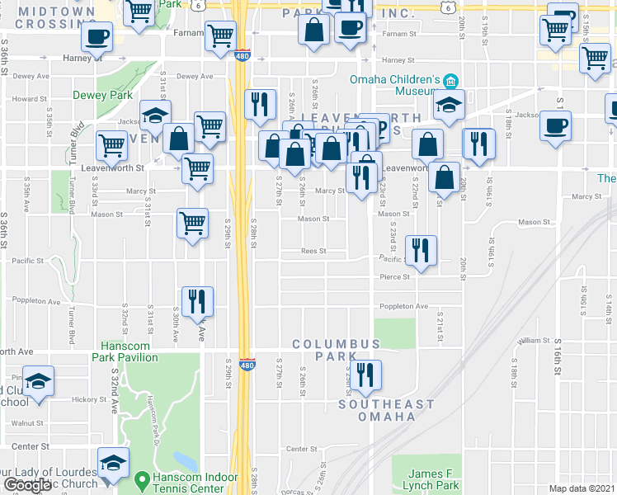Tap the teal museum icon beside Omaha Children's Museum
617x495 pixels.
tap(450, 80)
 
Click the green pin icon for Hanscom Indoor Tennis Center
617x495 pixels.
tap(142, 478)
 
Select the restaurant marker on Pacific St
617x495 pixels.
tap(421, 250)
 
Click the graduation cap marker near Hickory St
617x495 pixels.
tap(38, 381)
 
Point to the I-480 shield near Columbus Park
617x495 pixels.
tap(246, 364)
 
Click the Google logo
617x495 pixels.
tap(28, 484)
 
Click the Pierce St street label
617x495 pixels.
tap(395, 277)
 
